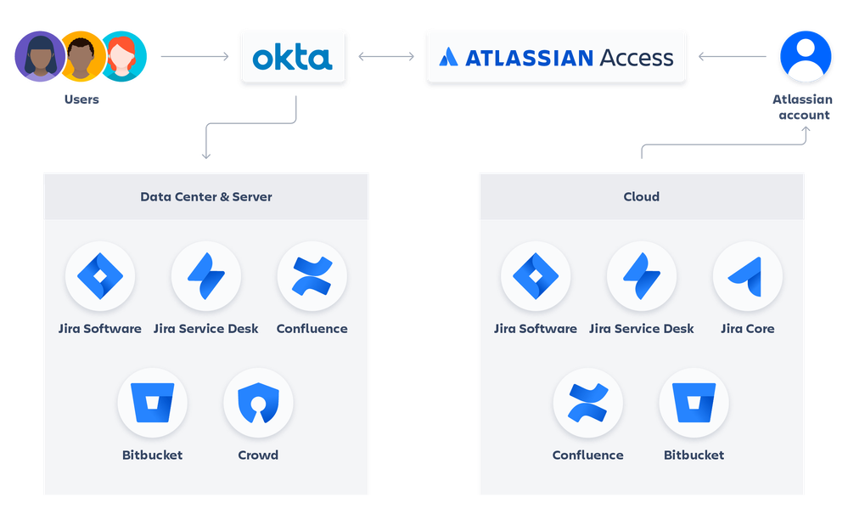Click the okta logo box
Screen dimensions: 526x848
click(x=293, y=57)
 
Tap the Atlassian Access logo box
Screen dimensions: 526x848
click(x=556, y=57)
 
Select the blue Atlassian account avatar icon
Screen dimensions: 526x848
click(x=805, y=56)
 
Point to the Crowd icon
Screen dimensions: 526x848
click(x=258, y=403)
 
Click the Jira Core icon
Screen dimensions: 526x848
click(x=747, y=276)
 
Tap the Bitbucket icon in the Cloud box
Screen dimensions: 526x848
click(x=694, y=403)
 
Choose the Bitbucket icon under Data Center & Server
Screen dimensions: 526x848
click(x=152, y=403)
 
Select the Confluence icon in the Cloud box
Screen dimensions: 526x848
click(x=587, y=403)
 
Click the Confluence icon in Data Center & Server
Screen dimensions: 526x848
click(x=312, y=276)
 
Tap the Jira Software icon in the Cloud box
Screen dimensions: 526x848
click(x=536, y=276)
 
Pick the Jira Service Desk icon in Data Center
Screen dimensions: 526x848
click(x=205, y=276)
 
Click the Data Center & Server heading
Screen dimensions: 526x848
click(x=206, y=196)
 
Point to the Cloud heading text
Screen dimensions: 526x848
click(x=641, y=196)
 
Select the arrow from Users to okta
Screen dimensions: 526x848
click(x=194, y=57)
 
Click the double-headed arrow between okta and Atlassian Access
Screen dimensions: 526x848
click(x=386, y=57)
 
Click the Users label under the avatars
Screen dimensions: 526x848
click(x=81, y=99)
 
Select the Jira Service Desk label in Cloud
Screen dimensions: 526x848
click(x=641, y=329)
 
